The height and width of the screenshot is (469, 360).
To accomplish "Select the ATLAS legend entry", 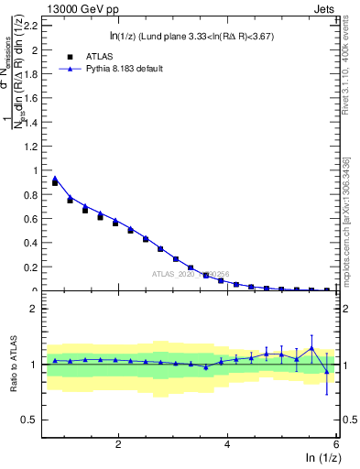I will coord(92,56).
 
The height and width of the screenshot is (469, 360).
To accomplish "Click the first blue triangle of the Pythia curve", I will coord(55,179).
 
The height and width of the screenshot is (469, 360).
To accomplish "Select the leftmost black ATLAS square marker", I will coord(55,183).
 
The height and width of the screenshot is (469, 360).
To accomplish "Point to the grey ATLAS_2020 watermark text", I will coord(191,274).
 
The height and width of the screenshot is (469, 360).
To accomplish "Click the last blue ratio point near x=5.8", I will coord(327,370).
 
